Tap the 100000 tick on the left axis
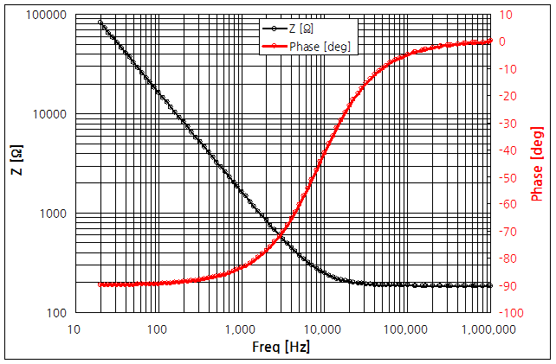pos(48,16)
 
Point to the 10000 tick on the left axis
pos(51,114)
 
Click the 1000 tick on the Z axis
pos(54,214)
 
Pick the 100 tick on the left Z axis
pos(56,312)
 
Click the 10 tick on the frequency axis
pos(74,329)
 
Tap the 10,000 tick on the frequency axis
pos(322,329)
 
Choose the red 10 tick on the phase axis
pos(505,15)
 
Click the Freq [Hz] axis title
pos(282,348)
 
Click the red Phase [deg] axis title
pos(539,163)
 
